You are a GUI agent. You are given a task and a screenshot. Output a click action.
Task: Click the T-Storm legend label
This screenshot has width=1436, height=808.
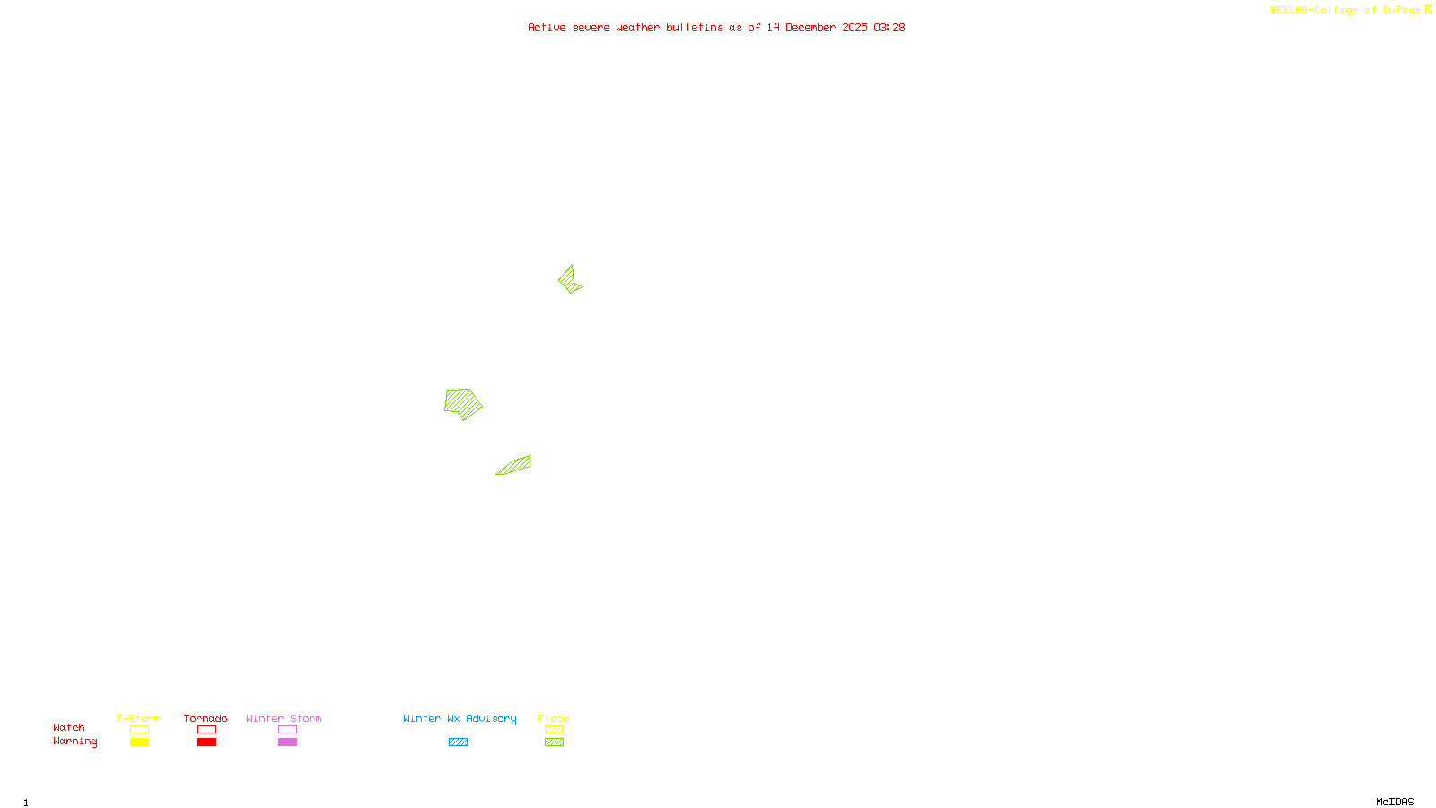(x=138, y=718)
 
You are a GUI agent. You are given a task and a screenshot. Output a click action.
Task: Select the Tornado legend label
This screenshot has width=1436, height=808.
(x=206, y=718)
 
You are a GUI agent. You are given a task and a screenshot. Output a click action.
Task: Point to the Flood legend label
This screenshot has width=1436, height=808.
(x=554, y=718)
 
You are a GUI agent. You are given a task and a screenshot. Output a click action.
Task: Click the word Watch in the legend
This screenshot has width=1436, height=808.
(x=69, y=728)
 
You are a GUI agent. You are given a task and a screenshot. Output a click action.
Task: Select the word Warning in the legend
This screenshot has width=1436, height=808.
(x=75, y=742)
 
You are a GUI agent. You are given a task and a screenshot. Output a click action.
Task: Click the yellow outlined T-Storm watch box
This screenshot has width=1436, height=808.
(x=139, y=730)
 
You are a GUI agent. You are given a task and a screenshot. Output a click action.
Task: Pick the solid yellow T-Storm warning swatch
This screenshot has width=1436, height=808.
(x=139, y=742)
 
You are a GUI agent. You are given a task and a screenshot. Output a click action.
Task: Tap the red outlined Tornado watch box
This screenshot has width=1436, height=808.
(x=206, y=730)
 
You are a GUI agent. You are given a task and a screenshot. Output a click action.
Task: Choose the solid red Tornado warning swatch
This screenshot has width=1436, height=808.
(x=206, y=742)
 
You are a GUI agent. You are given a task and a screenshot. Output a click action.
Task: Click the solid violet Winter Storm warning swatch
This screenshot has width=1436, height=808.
(x=287, y=742)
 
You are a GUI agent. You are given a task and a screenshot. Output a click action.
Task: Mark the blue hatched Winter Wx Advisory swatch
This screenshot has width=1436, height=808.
(x=458, y=742)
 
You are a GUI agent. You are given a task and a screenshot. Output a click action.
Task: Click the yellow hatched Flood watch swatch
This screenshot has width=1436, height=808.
(x=554, y=730)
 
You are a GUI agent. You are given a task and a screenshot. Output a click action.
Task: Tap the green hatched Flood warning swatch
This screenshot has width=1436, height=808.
(x=554, y=742)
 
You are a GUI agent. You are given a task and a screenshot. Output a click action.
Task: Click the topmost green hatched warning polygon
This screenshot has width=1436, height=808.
(x=568, y=280)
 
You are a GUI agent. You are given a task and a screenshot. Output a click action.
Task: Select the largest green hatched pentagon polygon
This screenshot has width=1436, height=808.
(x=462, y=403)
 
